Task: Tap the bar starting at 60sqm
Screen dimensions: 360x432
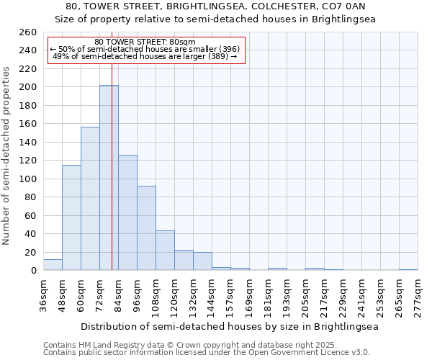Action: pyautogui.click(x=90, y=199)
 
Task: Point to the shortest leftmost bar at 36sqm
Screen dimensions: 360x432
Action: pyautogui.click(x=53, y=265)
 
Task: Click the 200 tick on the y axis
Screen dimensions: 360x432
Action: pyautogui.click(x=27, y=87)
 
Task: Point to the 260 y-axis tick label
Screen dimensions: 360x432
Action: pyautogui.click(x=27, y=32)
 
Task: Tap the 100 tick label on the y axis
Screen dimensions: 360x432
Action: pyautogui.click(x=27, y=179)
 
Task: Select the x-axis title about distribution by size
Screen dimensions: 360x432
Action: pyautogui.click(x=229, y=326)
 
